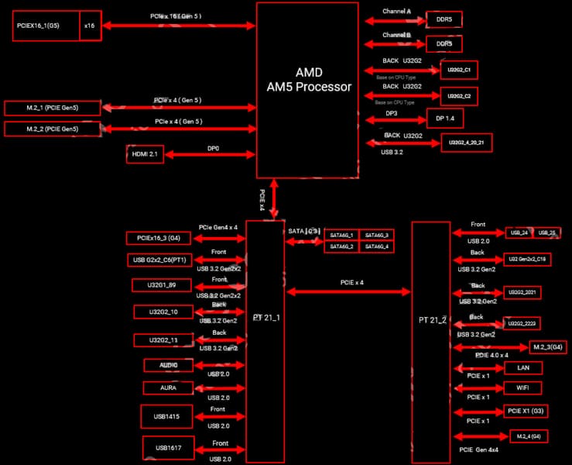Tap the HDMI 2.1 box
(144, 154)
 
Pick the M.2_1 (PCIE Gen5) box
(53, 107)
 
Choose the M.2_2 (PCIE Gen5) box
(53, 128)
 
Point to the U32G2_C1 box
(459, 71)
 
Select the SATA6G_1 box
(341, 235)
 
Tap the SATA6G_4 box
(377, 246)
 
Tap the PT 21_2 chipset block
(430, 320)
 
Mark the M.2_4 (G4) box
(526, 436)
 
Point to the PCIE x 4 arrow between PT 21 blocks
(349, 291)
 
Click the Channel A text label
(397, 12)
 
